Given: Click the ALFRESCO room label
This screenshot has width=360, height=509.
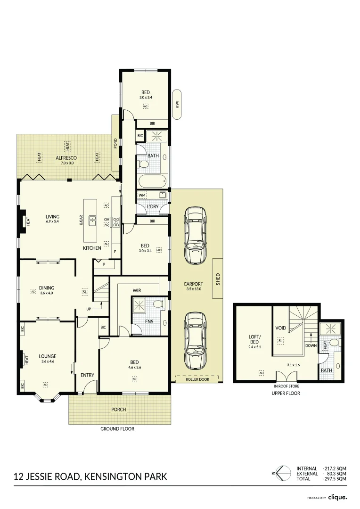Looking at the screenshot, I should click(66, 158).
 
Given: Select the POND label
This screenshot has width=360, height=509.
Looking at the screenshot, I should click(115, 144).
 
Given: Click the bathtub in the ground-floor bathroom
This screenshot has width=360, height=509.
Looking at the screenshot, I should click(152, 181).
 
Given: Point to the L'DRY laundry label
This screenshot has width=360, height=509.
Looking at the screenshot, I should click(153, 207).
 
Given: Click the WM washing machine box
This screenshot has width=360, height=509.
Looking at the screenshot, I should click(142, 195).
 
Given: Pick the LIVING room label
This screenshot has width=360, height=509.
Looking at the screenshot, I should click(52, 216).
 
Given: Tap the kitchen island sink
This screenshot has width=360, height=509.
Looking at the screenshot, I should click(93, 219).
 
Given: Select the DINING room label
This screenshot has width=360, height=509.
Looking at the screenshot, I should click(47, 288).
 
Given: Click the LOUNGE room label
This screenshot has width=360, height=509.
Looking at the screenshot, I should click(48, 356).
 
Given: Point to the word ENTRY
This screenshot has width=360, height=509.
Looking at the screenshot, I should click(87, 375).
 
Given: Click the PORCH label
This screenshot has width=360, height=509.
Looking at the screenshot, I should click(118, 410).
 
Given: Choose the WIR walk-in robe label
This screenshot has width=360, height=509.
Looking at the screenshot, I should click(137, 291).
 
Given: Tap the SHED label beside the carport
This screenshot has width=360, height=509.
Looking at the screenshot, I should click(218, 279).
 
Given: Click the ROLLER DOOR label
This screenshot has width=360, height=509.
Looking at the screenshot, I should click(197, 379).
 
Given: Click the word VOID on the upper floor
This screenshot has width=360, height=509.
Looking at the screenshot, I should click(280, 328).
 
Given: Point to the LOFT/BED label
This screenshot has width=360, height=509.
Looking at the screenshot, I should click(254, 340).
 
